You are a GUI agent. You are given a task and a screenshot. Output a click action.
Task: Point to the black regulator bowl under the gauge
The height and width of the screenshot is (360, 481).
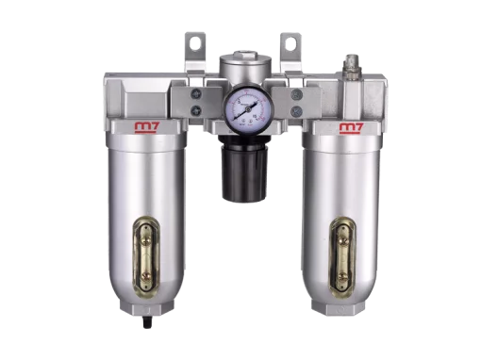[x=241, y=176]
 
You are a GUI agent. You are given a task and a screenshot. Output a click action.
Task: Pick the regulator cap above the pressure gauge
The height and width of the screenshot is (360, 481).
[x=242, y=68]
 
